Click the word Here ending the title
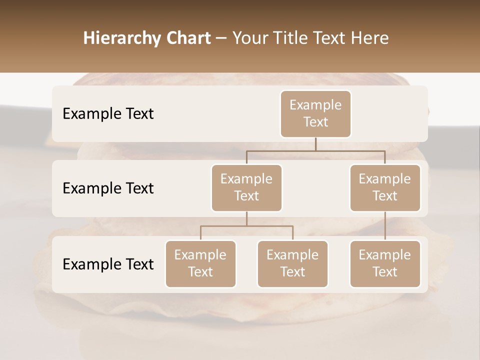370,38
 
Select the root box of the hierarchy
315,113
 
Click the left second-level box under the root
246,187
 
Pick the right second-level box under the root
385,187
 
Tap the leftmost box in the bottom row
200,263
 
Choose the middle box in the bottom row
292,263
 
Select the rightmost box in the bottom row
385,263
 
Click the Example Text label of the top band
108,113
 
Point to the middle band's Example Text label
108,188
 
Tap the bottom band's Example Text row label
108,264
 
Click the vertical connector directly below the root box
315,144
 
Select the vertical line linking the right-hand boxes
385,226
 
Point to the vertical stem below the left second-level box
246,218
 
